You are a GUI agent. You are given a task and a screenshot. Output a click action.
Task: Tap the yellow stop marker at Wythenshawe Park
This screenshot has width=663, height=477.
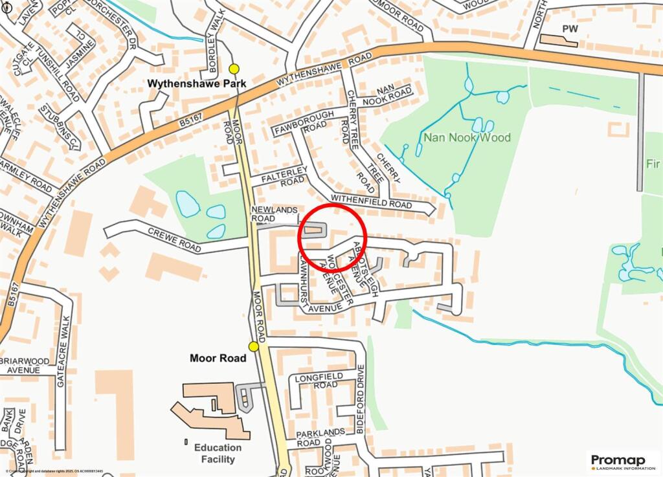(x=234, y=69)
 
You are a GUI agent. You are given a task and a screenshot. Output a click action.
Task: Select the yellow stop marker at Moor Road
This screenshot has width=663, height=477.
(x=254, y=346)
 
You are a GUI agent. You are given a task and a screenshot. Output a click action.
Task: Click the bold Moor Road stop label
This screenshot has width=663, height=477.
(x=218, y=358)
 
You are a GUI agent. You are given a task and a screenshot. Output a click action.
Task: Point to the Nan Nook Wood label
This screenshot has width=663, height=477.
(x=467, y=138)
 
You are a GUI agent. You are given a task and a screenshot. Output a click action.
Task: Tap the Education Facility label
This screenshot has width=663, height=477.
(x=218, y=453)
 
